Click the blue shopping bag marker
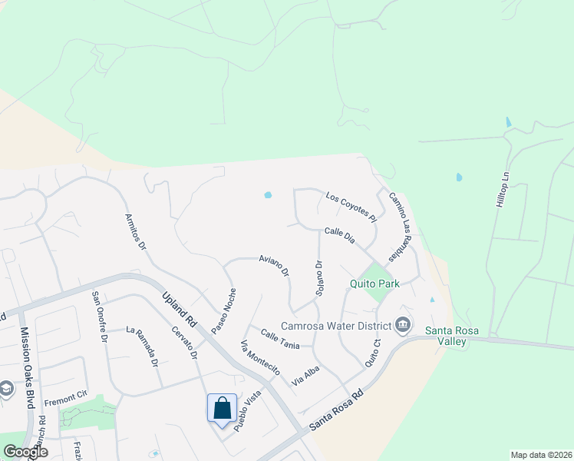pos(222,408)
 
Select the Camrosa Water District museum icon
pos(403,326)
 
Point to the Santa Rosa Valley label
pos(452,336)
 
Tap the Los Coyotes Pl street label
pos(350,207)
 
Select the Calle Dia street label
pos(339,235)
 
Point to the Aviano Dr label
pos(274,265)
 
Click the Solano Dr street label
pos(318,279)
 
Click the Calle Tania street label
pos(279,339)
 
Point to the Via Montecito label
pos(259,357)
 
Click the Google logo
pos(25,452)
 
